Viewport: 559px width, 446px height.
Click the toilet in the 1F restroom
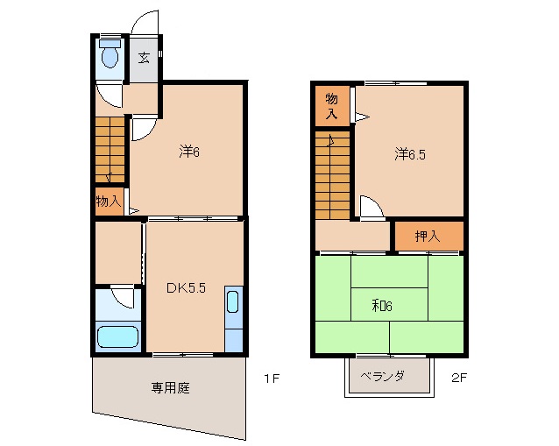[110, 57]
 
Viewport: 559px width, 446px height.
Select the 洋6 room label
[190, 152]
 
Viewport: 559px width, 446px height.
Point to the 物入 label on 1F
[108, 201]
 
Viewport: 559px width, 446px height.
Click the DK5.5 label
[186, 288]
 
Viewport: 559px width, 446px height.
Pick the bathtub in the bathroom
[117, 337]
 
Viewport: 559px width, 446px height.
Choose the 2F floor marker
[460, 379]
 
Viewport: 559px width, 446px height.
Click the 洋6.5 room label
[410, 154]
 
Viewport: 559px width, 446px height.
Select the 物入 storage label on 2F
[331, 105]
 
